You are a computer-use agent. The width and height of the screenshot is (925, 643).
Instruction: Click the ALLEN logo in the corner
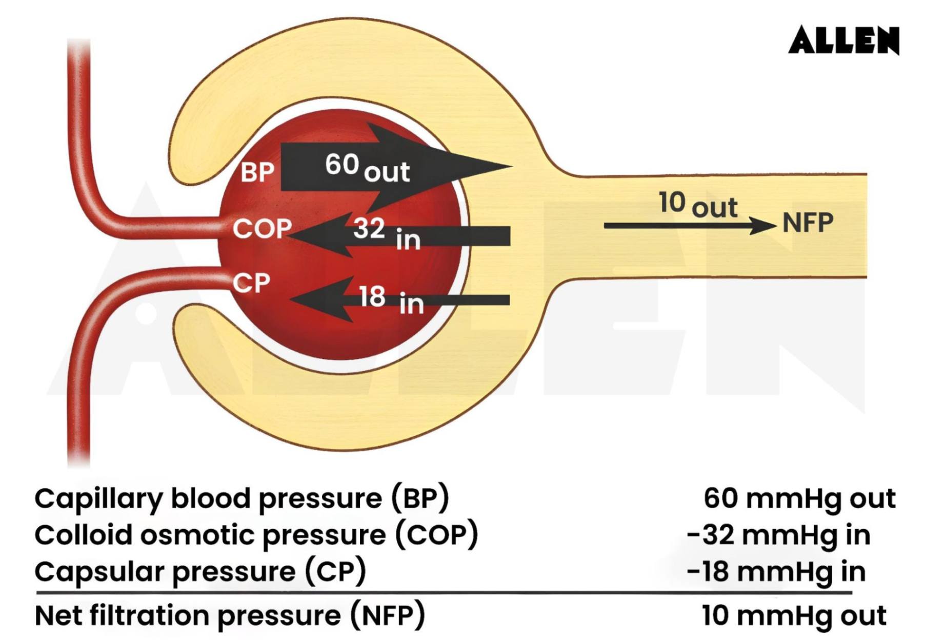point(843,40)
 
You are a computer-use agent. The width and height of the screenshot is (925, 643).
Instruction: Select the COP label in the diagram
point(262,228)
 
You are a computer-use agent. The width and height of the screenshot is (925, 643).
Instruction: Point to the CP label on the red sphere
point(251,283)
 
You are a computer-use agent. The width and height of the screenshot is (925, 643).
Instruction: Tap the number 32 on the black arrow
point(369,228)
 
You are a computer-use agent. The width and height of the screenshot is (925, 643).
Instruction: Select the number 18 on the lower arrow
point(372,296)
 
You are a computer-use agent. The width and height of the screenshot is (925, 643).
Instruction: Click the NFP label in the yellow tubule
point(808,223)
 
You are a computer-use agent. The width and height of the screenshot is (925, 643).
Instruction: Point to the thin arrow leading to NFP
point(687,225)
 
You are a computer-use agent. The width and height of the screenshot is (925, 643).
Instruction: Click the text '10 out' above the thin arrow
point(697,204)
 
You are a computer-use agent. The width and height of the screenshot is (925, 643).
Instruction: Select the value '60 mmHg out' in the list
point(799,498)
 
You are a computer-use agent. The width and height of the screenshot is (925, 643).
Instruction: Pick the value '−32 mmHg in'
point(778,535)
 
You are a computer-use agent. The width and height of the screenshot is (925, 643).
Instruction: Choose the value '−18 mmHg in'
point(776,571)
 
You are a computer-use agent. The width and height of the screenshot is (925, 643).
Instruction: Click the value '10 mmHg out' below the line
point(794,615)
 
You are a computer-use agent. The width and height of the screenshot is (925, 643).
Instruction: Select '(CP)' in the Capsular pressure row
point(336,571)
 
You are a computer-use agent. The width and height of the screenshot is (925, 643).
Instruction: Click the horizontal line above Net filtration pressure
point(444,593)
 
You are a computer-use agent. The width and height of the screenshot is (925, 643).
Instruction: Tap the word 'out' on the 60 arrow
point(387,172)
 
